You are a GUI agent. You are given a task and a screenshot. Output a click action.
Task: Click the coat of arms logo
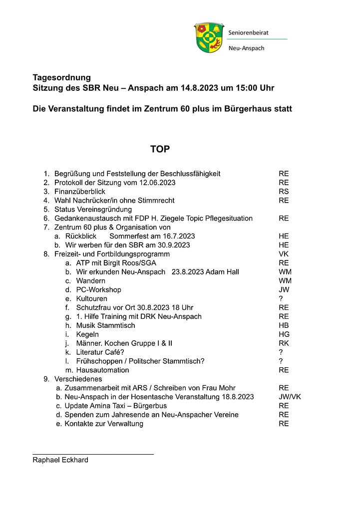pyautogui.click(x=209, y=37)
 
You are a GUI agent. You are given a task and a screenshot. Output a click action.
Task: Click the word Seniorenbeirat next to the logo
pyautogui.click(x=248, y=32)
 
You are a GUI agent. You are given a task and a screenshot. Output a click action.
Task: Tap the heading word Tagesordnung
pyautogui.click(x=62, y=77)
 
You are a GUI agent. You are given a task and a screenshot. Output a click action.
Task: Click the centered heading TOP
pyautogui.click(x=160, y=149)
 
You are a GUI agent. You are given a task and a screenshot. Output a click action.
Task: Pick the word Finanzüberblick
pyautogui.click(x=80, y=192)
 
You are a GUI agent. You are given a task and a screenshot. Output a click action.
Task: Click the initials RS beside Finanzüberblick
pyautogui.click(x=284, y=192)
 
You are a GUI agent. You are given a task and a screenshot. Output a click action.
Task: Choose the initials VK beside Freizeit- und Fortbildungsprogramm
pyautogui.click(x=284, y=254)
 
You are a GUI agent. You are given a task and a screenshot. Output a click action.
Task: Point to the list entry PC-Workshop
pyautogui.click(x=99, y=289)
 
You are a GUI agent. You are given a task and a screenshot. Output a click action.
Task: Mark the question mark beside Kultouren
pyautogui.click(x=281, y=298)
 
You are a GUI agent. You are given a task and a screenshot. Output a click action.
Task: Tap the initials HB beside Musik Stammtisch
pyautogui.click(x=284, y=325)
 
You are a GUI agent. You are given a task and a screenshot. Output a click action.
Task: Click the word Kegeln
pyautogui.click(x=87, y=334)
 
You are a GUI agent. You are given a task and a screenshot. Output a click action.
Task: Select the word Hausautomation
pyautogui.click(x=102, y=370)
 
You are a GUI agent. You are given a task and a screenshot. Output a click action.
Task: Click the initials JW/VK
pyautogui.click(x=290, y=397)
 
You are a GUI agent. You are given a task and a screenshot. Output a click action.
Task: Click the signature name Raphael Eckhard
pyautogui.click(x=60, y=460)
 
